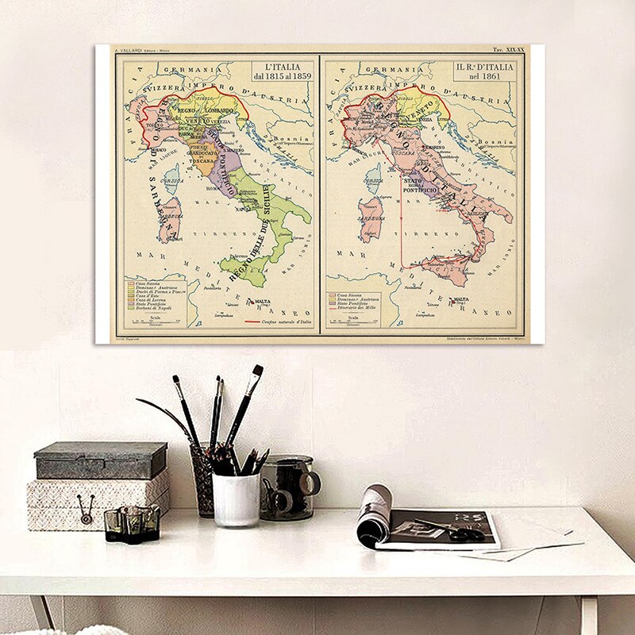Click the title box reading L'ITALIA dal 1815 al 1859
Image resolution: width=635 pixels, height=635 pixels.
283,71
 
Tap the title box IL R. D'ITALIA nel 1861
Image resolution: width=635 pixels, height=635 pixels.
484,71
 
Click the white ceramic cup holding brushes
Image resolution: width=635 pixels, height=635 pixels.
236,498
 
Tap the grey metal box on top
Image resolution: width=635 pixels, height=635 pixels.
101,460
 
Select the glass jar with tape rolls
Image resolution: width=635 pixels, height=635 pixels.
287,487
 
